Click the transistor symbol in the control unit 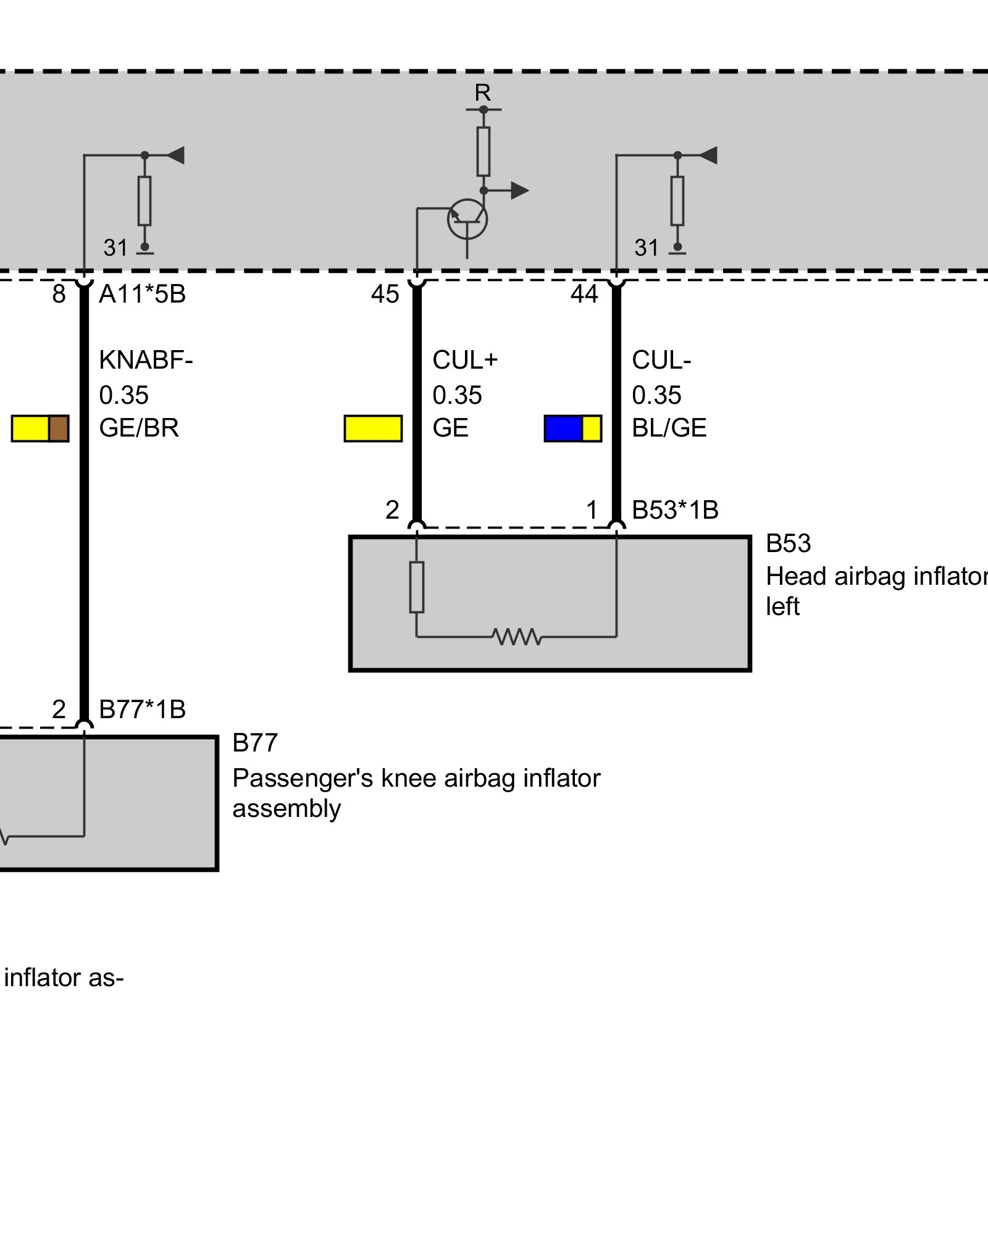pos(467,219)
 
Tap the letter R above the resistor pos(483,93)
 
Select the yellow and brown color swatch pos(40,429)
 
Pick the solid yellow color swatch pos(373,429)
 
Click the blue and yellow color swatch pos(573,429)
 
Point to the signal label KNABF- pos(146,360)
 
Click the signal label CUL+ pos(465,360)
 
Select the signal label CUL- pos(661,360)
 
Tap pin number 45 pos(385,295)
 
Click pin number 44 pos(584,295)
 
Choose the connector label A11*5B pos(143,295)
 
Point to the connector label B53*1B pos(676,511)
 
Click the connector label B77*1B pos(143,710)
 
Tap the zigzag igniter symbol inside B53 pos(517,637)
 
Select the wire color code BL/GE pos(669,428)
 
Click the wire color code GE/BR pos(139,428)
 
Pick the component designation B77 pos(255,743)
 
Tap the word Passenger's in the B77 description pos(303,779)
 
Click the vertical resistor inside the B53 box pos(417,587)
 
